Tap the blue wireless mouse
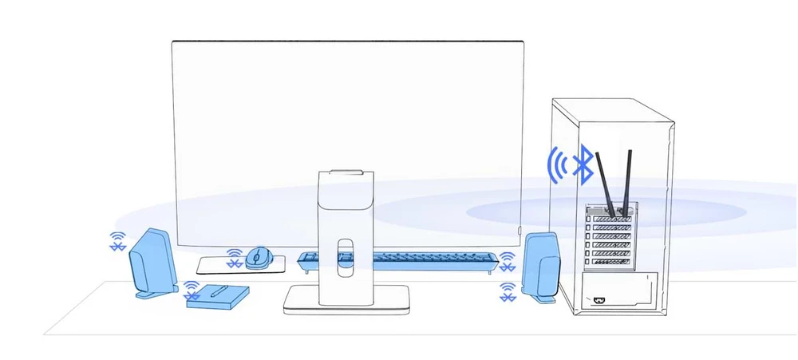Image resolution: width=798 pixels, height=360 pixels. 258,257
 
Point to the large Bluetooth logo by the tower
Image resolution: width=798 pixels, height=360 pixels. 584,164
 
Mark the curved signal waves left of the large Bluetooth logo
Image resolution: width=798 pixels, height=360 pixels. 559,164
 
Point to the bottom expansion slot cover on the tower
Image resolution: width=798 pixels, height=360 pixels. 614,261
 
